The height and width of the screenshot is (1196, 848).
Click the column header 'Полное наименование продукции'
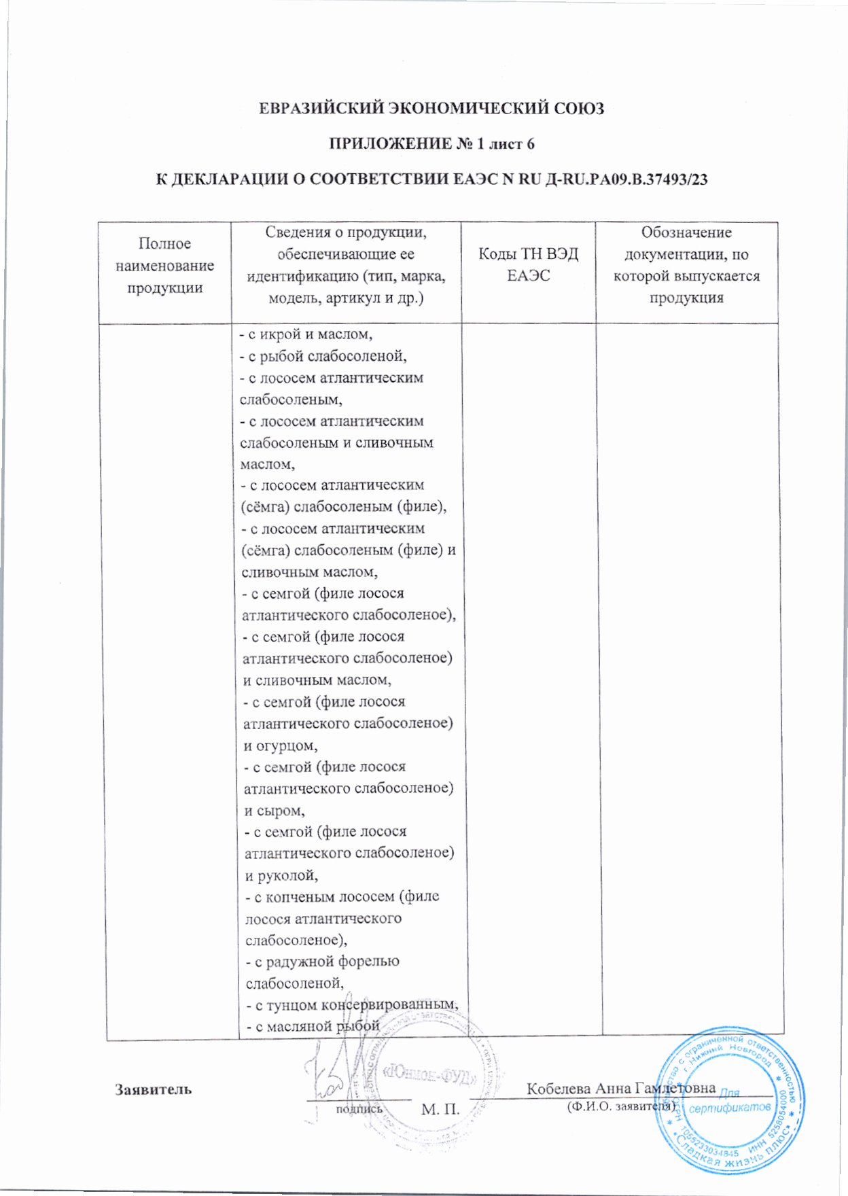coord(164,266)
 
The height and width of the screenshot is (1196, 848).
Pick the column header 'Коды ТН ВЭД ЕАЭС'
coord(528,265)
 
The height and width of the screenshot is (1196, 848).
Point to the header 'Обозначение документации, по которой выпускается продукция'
coord(686,265)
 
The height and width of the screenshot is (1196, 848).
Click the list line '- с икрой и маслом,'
coord(306,334)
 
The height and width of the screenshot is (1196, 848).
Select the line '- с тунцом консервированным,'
coord(351,1004)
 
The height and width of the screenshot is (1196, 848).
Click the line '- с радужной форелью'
coord(322,962)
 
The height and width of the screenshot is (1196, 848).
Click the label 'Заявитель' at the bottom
coord(153,1089)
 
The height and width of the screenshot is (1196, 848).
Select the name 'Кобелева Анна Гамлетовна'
coord(620,1088)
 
